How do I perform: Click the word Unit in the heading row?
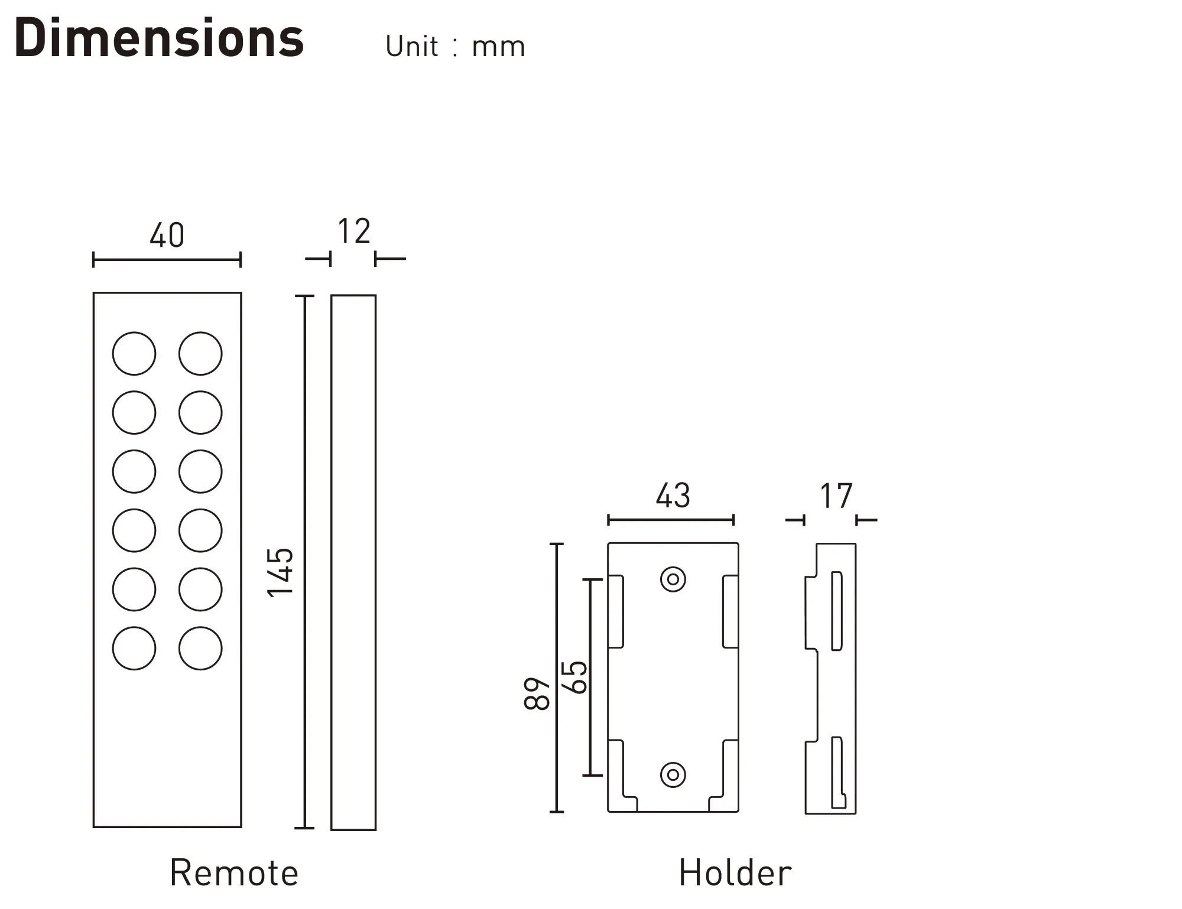(x=412, y=46)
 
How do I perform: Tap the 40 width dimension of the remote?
(x=167, y=235)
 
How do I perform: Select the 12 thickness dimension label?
(x=354, y=231)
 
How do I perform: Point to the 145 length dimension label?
(x=280, y=572)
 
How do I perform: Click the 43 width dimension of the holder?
(x=673, y=496)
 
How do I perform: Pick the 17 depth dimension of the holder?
(x=836, y=496)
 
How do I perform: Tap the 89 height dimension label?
(x=537, y=693)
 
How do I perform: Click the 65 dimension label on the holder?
(x=574, y=677)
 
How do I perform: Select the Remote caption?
(x=234, y=873)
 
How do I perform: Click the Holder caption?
(x=735, y=873)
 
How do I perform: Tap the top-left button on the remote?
(x=134, y=353)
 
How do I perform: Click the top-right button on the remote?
(x=200, y=353)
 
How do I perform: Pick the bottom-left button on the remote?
(x=134, y=648)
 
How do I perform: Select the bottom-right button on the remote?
(x=200, y=648)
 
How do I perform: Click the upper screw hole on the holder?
(x=673, y=579)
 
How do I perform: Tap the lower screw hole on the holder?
(x=673, y=774)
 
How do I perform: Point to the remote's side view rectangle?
(x=353, y=562)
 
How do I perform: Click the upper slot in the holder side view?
(x=837, y=611)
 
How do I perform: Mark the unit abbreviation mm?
(x=498, y=48)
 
